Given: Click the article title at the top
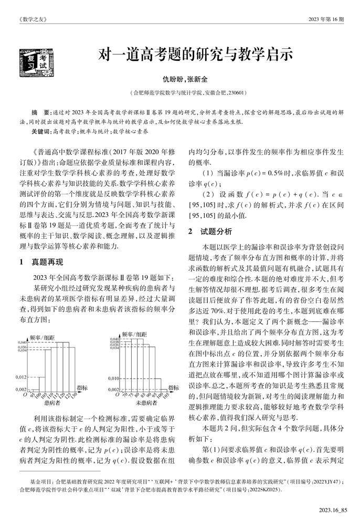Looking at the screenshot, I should [x=193, y=55].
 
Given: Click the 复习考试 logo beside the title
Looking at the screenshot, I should [x=33, y=59].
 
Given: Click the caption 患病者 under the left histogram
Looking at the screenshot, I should [x=52, y=403].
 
